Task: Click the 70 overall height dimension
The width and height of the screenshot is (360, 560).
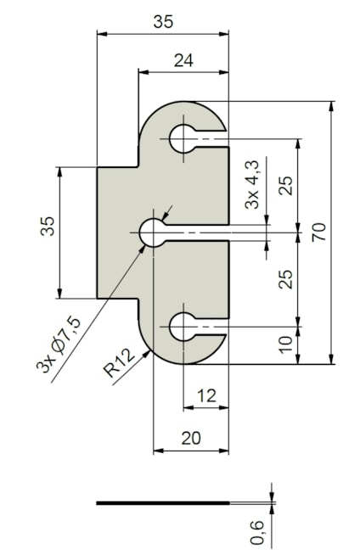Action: [319, 232]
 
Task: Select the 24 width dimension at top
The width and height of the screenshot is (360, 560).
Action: [183, 60]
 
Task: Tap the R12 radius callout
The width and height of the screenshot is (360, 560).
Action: [120, 362]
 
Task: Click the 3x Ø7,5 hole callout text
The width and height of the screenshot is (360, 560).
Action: [59, 344]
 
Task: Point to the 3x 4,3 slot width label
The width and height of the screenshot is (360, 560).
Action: [251, 185]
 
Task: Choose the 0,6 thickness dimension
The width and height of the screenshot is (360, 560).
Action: [257, 533]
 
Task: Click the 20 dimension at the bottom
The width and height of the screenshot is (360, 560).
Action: [191, 438]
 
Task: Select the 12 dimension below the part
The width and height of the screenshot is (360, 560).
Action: [206, 395]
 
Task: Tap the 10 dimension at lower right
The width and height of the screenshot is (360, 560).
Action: [286, 344]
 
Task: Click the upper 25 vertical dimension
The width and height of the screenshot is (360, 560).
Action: [286, 185]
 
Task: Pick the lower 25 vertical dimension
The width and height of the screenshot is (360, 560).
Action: [286, 279]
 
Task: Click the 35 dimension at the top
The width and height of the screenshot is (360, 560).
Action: [163, 21]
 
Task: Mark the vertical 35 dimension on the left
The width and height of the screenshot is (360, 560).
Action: [48, 226]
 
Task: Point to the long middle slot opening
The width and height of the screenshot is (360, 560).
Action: [197, 232]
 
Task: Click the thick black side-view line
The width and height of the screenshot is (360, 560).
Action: [163, 503]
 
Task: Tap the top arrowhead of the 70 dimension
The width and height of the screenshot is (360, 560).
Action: [332, 106]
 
